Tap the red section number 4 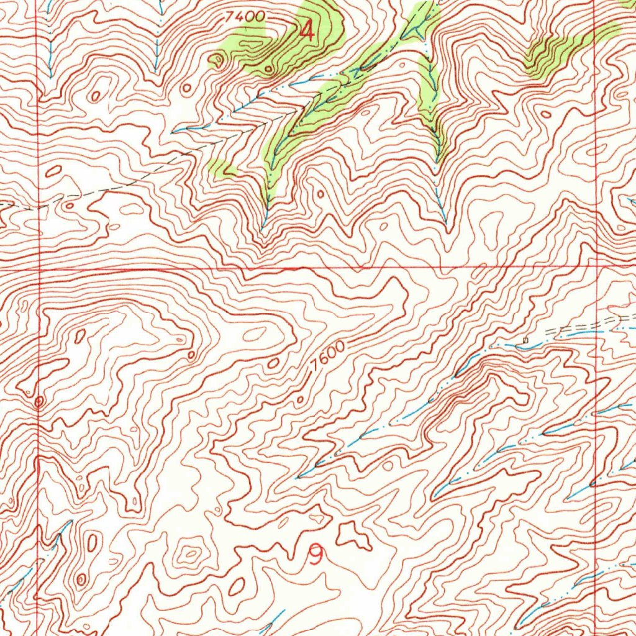306,30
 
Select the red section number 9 316,554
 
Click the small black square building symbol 526,340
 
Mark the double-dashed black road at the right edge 590,324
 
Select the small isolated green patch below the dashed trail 221,167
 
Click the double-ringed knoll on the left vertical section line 39,403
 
